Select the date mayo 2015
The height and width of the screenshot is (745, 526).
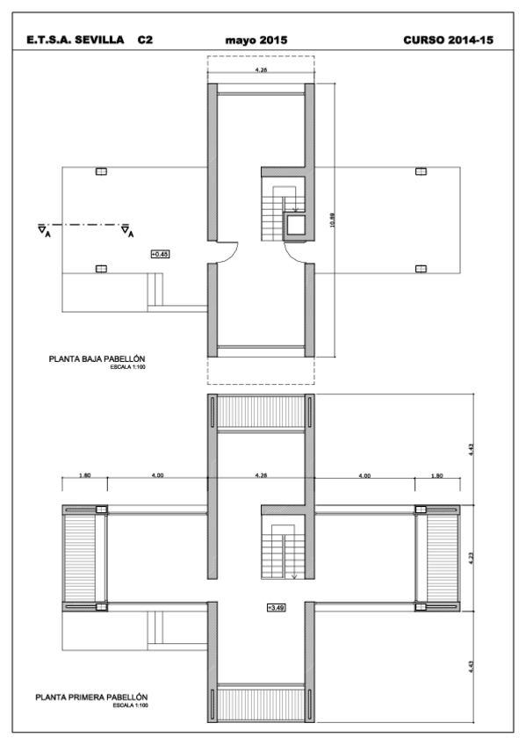click(256, 40)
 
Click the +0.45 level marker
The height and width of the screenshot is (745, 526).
click(160, 254)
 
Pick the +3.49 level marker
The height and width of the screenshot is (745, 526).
click(276, 606)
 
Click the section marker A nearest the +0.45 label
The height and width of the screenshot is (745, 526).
click(128, 232)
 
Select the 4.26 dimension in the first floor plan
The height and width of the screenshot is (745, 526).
click(261, 475)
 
